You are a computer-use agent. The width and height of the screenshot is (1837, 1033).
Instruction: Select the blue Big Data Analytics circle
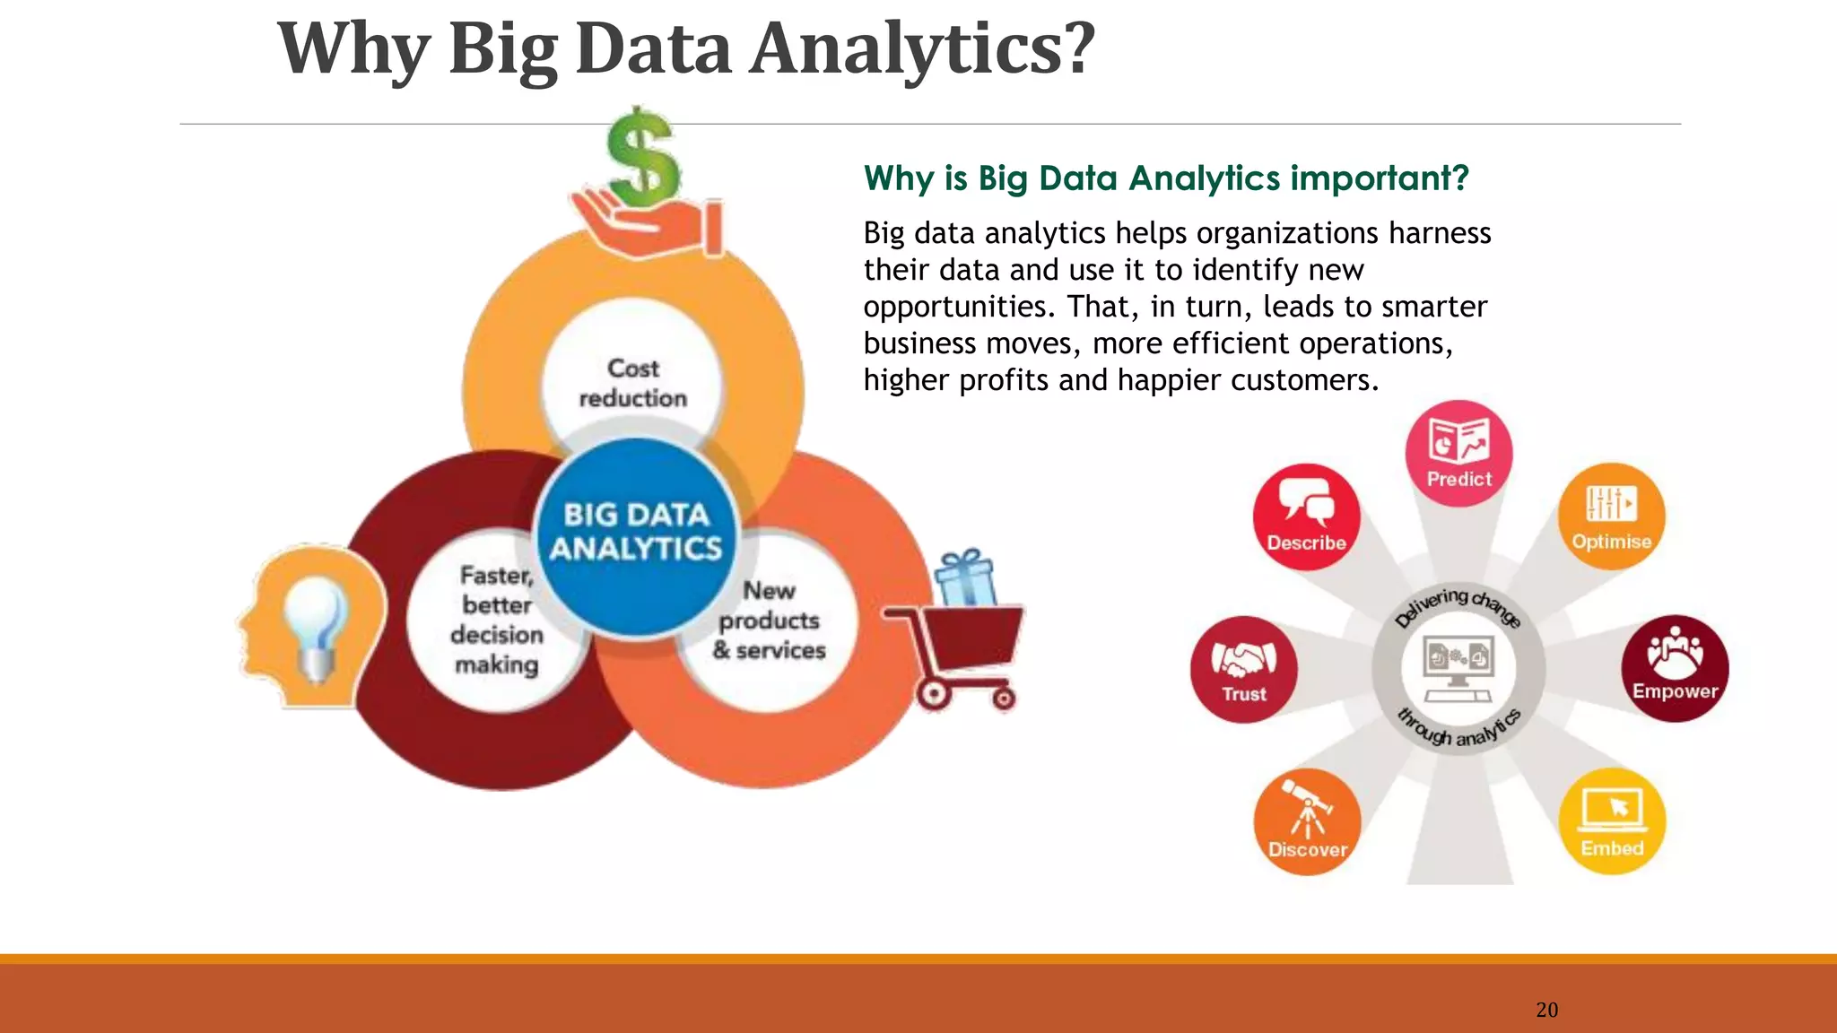[636, 534]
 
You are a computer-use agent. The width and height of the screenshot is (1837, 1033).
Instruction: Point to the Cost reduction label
[632, 383]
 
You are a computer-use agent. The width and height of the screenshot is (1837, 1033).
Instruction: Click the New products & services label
[769, 621]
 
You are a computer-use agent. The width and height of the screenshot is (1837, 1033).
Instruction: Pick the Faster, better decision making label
[497, 620]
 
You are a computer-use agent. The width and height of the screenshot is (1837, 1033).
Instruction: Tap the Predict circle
[1458, 454]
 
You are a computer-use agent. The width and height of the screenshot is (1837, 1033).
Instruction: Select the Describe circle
[1306, 517]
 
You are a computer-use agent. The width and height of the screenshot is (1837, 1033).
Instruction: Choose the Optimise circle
[1611, 516]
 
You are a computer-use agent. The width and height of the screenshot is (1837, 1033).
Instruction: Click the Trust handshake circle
[1243, 670]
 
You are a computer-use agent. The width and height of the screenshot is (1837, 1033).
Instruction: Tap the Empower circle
[1674, 668]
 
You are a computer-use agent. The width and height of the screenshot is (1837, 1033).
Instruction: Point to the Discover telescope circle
[1307, 821]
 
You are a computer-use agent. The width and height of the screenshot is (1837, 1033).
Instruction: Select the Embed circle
[1612, 821]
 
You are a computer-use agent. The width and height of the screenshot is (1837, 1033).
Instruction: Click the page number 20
[1546, 1010]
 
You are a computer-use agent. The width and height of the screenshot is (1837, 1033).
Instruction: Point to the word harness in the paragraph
[1440, 233]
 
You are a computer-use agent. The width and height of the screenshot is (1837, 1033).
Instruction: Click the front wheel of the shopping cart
[934, 694]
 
